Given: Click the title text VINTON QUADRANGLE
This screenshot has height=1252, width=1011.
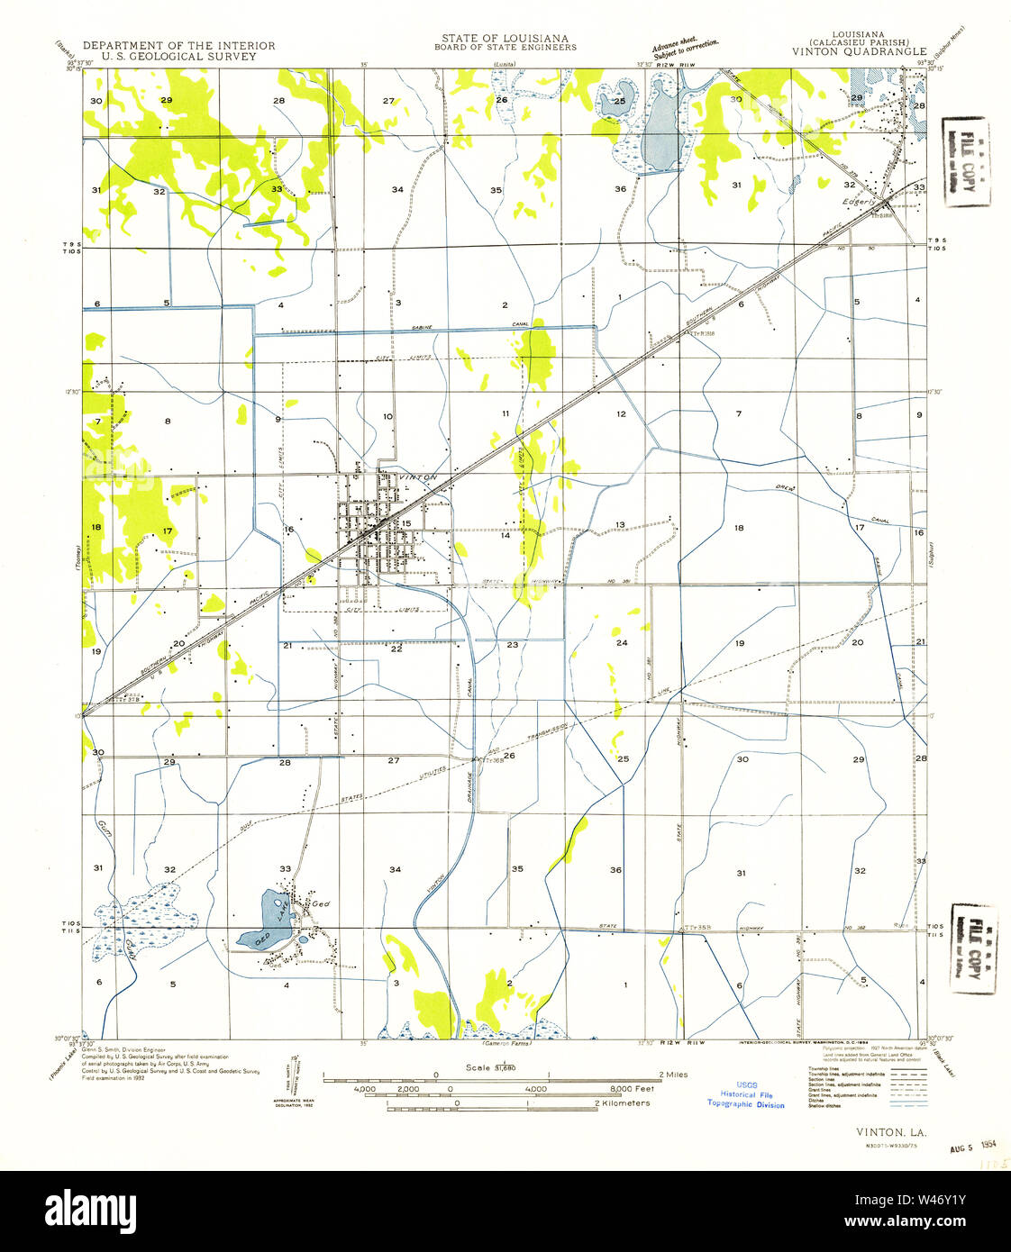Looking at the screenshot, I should pos(859,52).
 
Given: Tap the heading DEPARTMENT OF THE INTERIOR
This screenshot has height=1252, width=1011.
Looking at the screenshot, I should pos(178,45).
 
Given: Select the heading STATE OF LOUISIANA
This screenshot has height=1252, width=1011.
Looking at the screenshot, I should pos(505,38).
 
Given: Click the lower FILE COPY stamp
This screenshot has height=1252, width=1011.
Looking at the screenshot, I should pos(972,948).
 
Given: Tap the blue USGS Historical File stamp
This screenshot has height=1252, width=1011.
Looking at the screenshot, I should pos(745,1094).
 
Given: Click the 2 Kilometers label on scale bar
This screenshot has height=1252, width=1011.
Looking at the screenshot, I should pos(621,1103).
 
